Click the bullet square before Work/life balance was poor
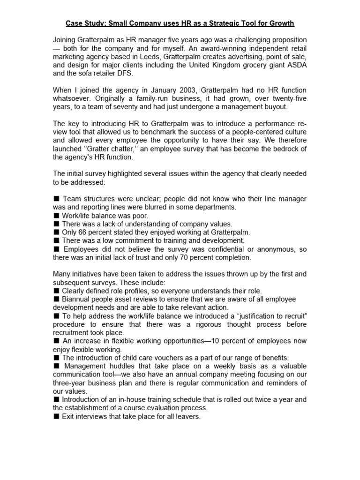56,216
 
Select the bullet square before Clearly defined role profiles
56,291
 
